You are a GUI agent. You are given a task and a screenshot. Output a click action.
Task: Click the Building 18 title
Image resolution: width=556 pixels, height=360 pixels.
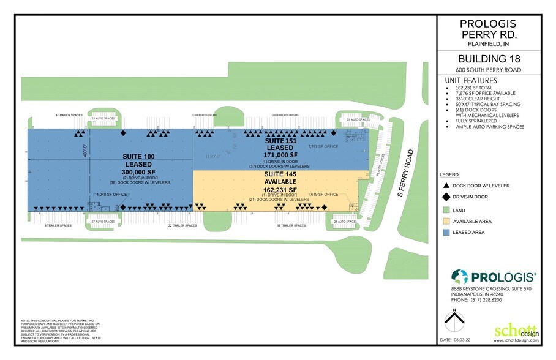tap(488, 59)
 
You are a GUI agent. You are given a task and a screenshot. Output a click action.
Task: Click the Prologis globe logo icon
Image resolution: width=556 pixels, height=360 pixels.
tap(460, 277)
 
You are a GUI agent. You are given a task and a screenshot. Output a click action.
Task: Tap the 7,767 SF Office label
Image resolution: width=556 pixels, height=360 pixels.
tap(322, 147)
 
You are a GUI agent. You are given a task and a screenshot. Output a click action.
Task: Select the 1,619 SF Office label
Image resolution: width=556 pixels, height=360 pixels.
tap(323, 195)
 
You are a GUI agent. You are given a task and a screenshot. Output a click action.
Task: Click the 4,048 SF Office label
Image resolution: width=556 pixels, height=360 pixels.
tap(111, 195)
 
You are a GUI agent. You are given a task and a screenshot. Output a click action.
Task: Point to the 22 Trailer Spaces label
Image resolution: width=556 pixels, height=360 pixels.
tap(182, 225)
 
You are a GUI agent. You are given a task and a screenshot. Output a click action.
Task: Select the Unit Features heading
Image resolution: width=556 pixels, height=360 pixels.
tap(471, 80)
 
